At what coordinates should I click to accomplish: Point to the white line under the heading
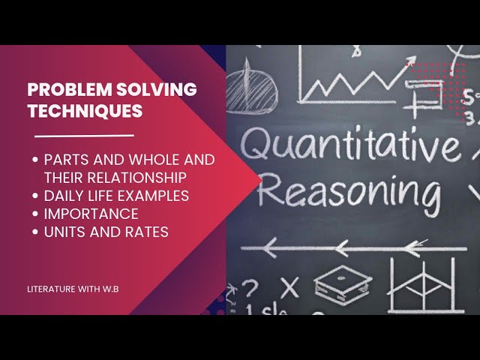click(84, 136)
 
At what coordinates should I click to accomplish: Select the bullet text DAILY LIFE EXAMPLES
click(116, 196)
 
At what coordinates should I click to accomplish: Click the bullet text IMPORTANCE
click(91, 214)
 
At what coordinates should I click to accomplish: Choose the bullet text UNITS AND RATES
click(106, 232)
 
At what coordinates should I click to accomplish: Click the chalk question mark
click(250, 286)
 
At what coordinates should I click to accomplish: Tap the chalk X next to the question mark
click(289, 286)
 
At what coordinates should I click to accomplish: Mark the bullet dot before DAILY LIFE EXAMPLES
click(37, 196)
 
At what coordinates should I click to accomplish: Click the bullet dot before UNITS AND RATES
click(37, 232)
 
